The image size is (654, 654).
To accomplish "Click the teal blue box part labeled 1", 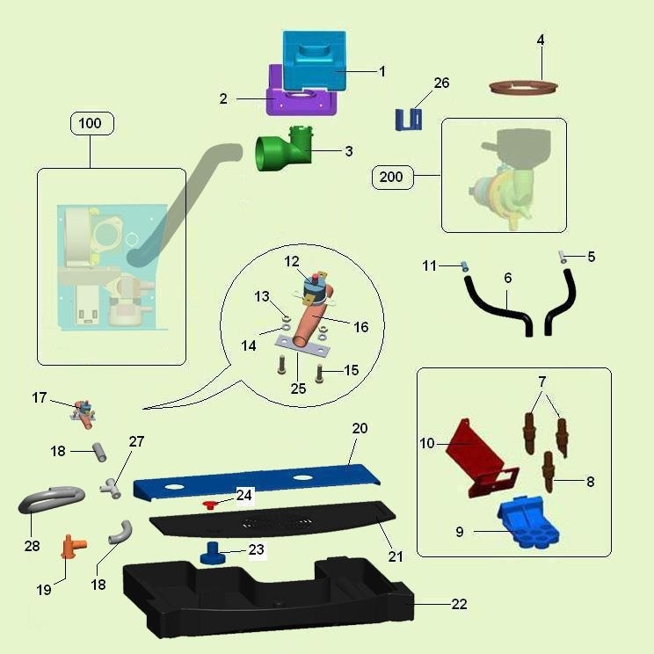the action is click(x=315, y=61).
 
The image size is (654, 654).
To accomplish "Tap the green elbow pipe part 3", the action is click(x=284, y=149).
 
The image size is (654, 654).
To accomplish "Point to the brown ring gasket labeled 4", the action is click(x=523, y=87).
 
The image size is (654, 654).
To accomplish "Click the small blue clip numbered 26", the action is click(x=409, y=120).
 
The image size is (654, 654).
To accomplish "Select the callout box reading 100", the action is click(x=91, y=123).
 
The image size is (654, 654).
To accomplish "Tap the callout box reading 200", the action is click(x=392, y=178).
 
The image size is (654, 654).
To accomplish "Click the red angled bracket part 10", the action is click(x=480, y=459).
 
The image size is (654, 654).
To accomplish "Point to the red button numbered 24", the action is click(x=211, y=505).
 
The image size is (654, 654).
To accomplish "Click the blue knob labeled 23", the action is click(x=213, y=553).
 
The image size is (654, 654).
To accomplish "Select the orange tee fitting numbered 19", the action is click(x=73, y=546).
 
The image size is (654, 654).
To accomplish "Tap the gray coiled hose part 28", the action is click(x=51, y=498).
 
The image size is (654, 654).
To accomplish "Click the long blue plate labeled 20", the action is click(x=257, y=481).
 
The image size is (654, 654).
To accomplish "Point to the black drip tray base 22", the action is click(x=267, y=597).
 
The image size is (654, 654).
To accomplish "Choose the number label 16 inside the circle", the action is click(x=361, y=327).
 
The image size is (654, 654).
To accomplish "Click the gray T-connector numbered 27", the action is click(x=111, y=488).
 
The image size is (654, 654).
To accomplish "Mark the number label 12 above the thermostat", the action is click(x=292, y=262).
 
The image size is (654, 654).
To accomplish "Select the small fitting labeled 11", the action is click(x=464, y=266).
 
